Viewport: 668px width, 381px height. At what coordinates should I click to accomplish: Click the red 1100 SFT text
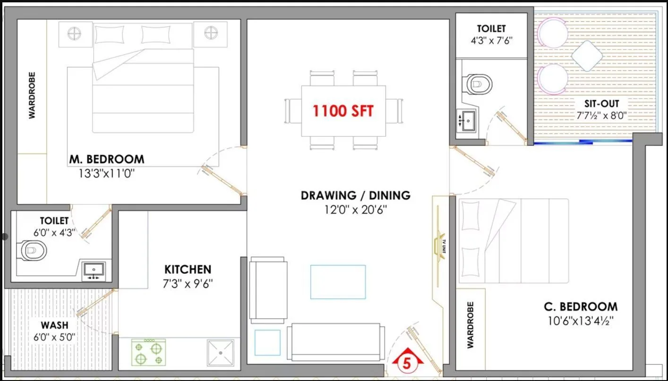coord(343,110)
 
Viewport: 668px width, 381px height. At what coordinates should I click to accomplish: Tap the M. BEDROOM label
coord(106,160)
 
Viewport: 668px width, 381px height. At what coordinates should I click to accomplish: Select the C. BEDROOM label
coord(581,307)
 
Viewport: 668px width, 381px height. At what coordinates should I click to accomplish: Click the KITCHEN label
coord(188,270)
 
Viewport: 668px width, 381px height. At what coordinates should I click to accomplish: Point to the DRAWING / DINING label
coord(355,195)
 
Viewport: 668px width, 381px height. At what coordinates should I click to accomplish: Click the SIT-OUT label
coord(601,104)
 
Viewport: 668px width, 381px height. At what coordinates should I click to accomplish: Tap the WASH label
coord(54,325)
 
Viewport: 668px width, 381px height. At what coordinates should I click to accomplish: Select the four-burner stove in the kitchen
coord(149,353)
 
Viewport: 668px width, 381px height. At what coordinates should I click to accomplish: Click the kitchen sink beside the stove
coord(220,353)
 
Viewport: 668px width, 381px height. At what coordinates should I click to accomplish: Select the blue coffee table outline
coord(338,282)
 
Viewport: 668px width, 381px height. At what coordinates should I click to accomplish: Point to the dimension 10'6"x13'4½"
coord(581,322)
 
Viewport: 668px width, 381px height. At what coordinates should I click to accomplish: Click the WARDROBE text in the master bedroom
coord(32,95)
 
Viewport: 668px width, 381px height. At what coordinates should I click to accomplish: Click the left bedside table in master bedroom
coord(75,33)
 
